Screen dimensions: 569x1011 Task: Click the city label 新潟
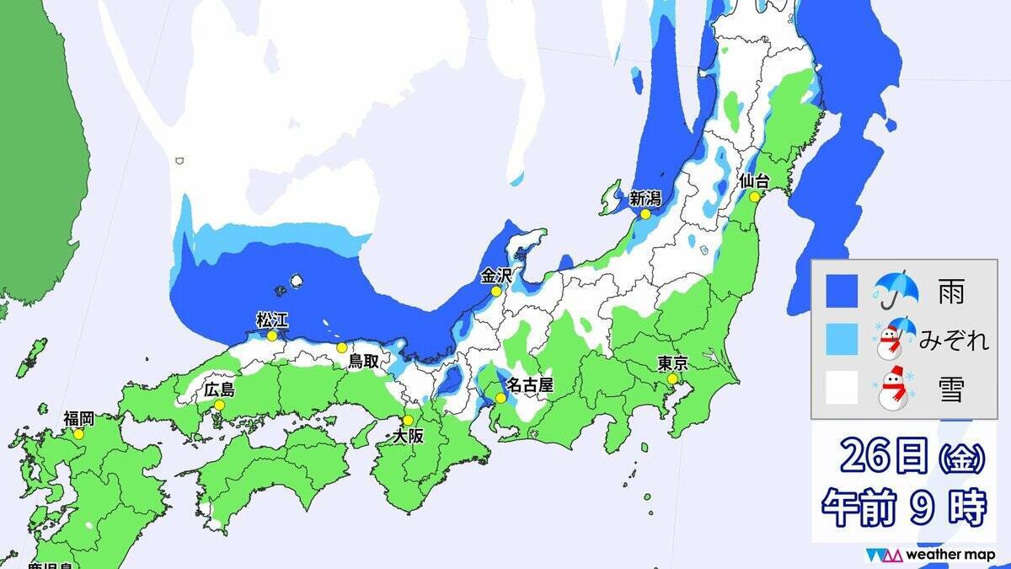pyautogui.click(x=646, y=199)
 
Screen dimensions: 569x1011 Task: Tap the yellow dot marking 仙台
pyautogui.click(x=753, y=196)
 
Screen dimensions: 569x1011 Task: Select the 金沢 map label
pyautogui.click(x=496, y=275)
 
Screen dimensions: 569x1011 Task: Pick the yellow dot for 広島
pyautogui.click(x=219, y=405)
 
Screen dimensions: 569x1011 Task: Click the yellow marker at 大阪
pyautogui.click(x=408, y=421)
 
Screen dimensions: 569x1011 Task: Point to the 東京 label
pyautogui.click(x=673, y=364)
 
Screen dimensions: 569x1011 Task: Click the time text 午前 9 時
pyautogui.click(x=903, y=508)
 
